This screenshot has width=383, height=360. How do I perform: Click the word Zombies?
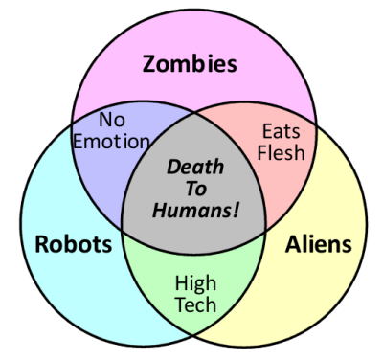[x=191, y=64]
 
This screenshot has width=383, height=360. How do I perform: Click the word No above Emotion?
[x=112, y=122]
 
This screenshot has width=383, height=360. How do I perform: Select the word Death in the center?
[x=195, y=165]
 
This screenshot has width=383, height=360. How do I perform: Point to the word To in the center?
[x=195, y=187]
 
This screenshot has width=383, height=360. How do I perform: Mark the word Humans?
[x=192, y=209]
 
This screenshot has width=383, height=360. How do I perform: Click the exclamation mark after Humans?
[x=237, y=209]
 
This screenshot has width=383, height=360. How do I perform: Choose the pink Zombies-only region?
[x=191, y=96]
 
